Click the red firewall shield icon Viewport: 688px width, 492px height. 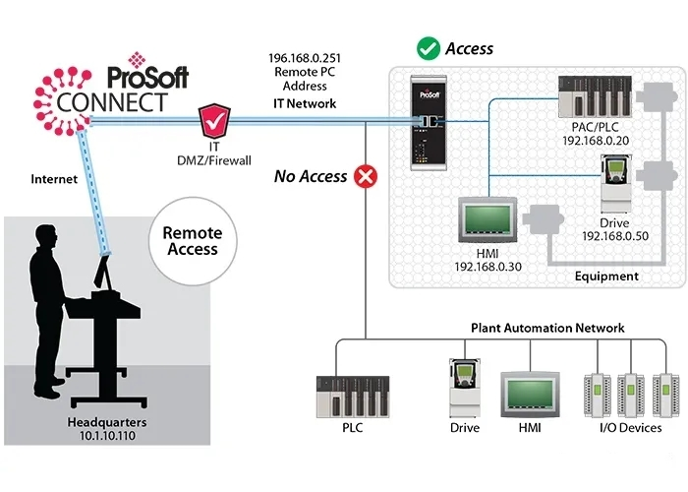coord(214,124)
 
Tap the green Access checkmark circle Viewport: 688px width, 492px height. coord(428,47)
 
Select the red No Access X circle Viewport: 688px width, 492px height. coord(367,177)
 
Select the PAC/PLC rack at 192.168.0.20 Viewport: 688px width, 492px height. coord(585,96)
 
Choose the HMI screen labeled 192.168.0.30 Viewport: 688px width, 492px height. coord(492,222)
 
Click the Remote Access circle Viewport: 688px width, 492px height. coord(193,242)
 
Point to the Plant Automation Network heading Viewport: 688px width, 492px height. coord(547,328)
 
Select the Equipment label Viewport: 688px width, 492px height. coord(606,277)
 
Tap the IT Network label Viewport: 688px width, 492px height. coord(304,103)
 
